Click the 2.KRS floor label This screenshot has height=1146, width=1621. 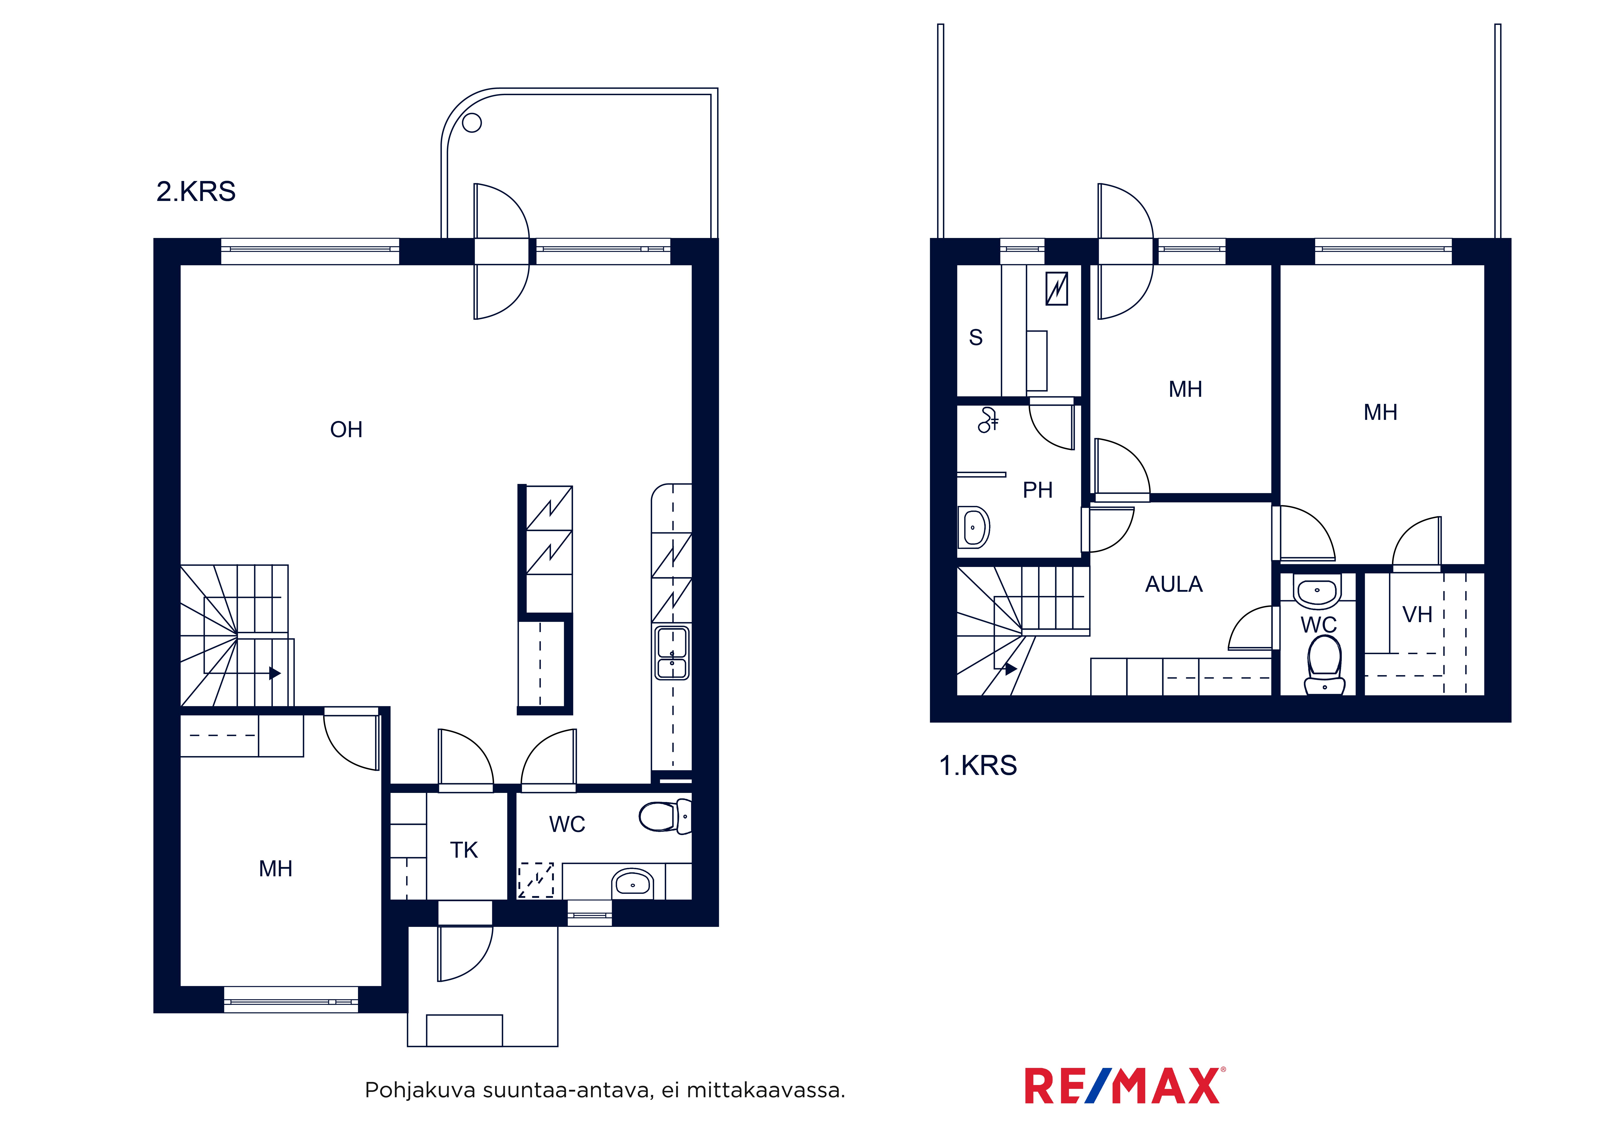pos(196,191)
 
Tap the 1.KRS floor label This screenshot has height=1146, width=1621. pos(978,765)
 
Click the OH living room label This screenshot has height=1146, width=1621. pos(346,429)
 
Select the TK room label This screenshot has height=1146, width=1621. pos(464,850)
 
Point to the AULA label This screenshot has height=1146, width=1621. pos(1173,584)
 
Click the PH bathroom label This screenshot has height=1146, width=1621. pos(1037,490)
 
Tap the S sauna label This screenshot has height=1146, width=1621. pos(976,338)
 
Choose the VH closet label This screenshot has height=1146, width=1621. pos(1417,614)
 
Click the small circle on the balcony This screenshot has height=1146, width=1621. pos(472,123)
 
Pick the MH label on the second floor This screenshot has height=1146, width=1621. pos(275,869)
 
